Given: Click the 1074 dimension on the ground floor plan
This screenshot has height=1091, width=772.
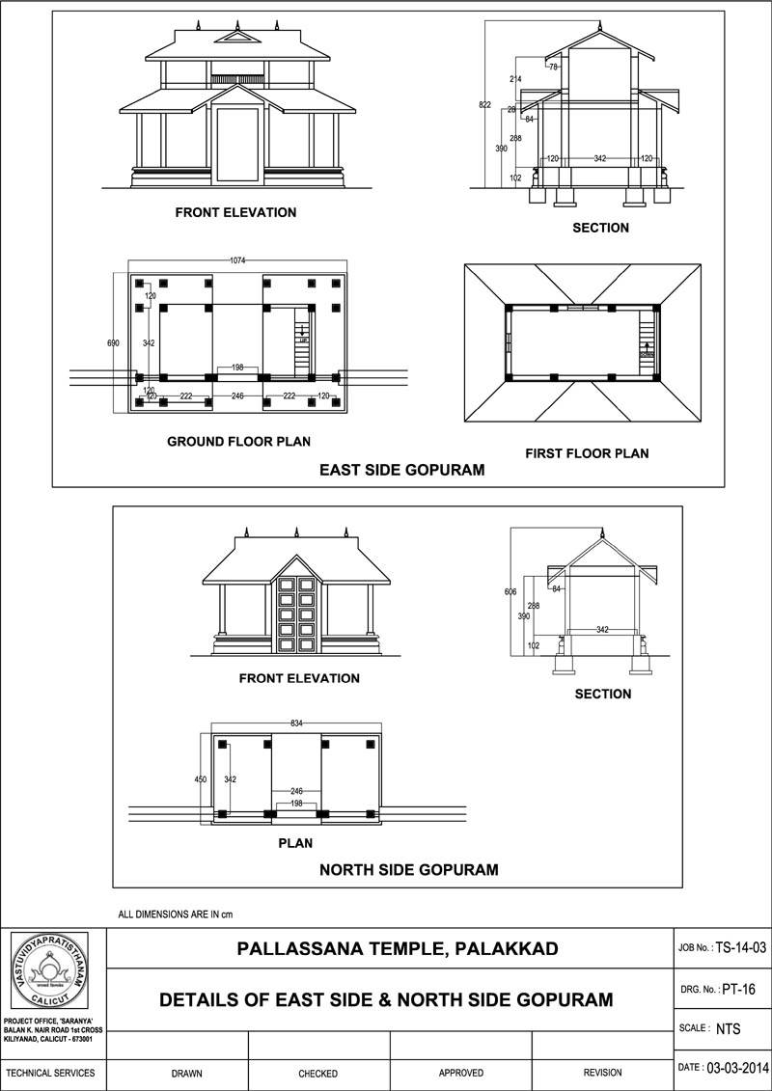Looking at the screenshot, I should click(236, 259).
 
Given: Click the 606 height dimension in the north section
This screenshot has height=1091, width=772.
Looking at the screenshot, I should click(510, 591).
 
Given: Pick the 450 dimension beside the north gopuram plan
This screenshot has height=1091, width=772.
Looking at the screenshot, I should click(201, 778).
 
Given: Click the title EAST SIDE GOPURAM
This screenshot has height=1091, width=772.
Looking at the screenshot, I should click(401, 471).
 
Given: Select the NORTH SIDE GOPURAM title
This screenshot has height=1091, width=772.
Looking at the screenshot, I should click(408, 869).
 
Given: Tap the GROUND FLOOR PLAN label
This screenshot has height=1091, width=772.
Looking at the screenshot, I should click(238, 442).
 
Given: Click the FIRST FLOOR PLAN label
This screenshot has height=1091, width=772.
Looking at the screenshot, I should click(587, 452).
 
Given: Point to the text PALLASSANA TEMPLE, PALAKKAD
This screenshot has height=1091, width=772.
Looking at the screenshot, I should click(398, 948).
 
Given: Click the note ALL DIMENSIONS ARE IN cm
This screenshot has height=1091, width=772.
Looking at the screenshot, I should click(176, 913).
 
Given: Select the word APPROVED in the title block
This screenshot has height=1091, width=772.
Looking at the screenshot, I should click(460, 1073).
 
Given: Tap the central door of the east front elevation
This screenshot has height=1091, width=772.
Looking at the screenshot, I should click(236, 145).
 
